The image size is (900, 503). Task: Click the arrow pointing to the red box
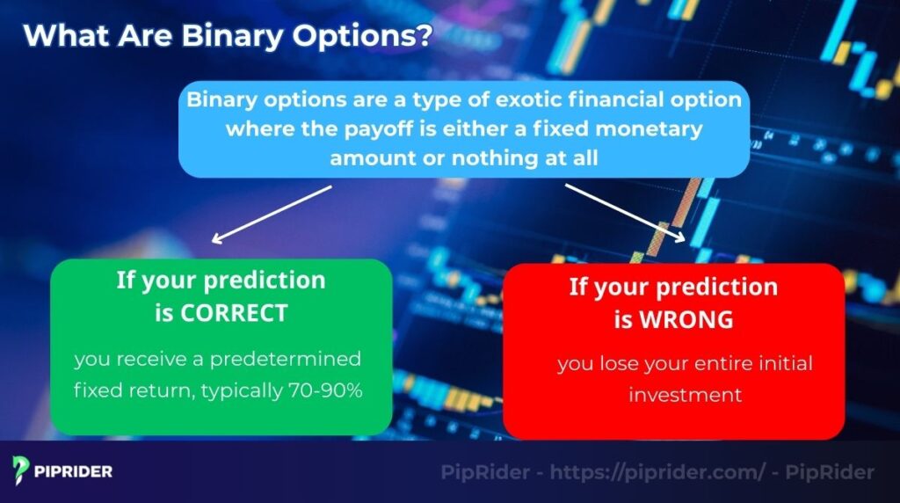624,213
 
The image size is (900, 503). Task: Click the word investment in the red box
685,395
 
